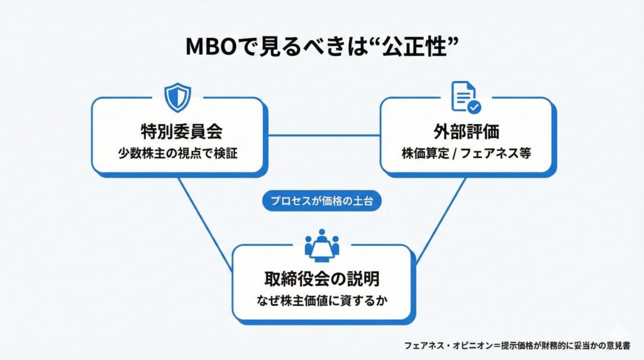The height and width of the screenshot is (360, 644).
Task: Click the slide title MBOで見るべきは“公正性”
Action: pos(322,46)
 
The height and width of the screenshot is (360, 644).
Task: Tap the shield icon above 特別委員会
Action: pos(177,98)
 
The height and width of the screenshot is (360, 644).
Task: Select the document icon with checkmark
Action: pos(466,97)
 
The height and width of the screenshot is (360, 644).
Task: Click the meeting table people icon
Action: pos(322,245)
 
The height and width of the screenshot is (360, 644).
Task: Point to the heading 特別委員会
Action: pos(181,132)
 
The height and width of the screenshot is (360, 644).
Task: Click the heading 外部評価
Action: pos(466,132)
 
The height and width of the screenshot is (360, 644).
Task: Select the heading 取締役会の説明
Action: pos(322,279)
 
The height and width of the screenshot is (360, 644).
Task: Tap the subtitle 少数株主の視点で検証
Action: pos(178,154)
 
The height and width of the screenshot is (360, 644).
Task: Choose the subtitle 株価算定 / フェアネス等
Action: pos(466,154)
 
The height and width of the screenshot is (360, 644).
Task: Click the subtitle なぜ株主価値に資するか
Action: pos(322,300)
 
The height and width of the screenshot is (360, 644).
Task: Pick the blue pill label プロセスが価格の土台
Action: pos(322,201)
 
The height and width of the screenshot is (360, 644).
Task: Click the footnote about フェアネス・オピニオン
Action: pos(517,346)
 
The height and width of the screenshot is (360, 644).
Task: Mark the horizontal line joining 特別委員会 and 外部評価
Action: pos(324,135)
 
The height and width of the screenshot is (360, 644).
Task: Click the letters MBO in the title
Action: pos(211,47)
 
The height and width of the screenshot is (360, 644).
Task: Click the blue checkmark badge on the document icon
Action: pos(474,107)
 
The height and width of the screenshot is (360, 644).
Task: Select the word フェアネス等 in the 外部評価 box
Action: pos(496,154)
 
